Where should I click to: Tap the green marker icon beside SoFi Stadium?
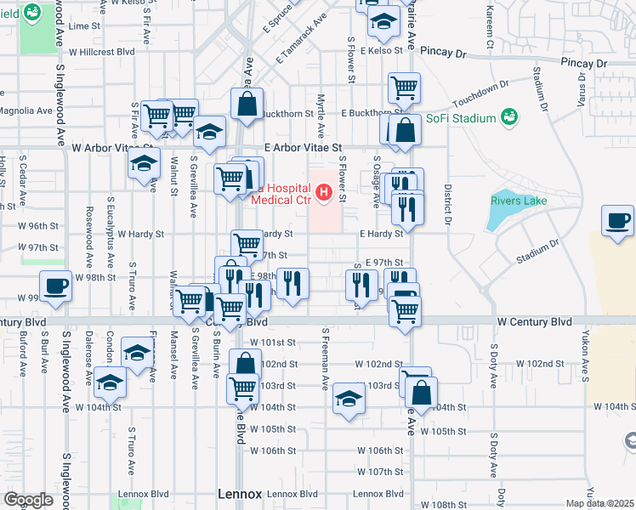509,116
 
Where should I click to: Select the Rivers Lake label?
518,201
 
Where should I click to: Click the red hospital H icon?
323,192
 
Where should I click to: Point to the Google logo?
28,499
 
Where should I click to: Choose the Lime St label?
84,26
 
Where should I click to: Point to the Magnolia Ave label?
26,110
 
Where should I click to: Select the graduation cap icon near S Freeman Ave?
348,397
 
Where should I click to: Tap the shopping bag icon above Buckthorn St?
247,104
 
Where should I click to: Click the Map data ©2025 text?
599,503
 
